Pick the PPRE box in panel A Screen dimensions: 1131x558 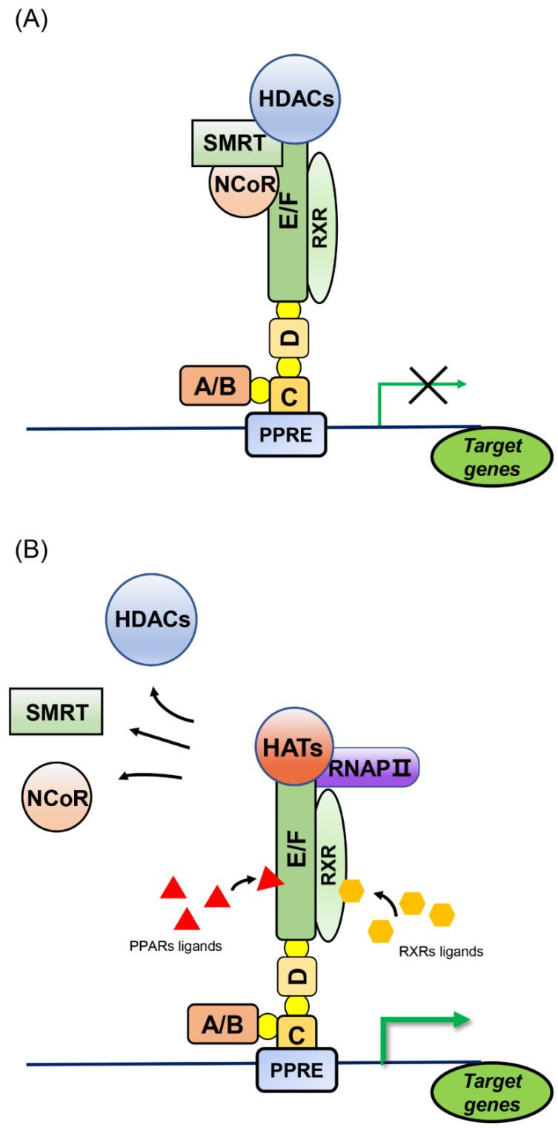(285, 433)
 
